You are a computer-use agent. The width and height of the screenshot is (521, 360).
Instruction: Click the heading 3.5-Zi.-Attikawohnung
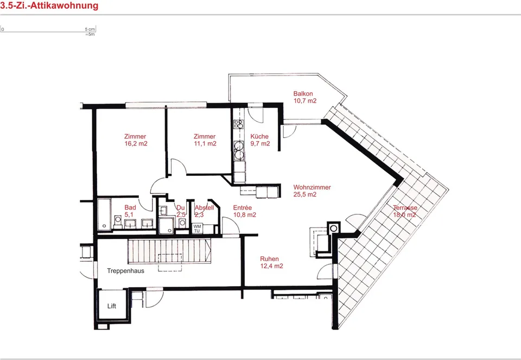tap(49, 5)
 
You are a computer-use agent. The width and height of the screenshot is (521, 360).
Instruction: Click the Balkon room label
tap(303, 94)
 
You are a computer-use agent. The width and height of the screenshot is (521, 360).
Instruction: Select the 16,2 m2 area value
tap(136, 143)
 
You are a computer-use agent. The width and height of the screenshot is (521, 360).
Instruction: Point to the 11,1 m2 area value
tap(205, 143)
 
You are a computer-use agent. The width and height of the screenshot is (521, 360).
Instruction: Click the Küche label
tap(259, 136)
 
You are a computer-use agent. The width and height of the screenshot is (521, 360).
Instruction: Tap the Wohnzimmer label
tap(312, 187)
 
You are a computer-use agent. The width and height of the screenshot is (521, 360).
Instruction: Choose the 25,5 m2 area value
tap(304, 194)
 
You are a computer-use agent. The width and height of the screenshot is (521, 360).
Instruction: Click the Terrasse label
tap(405, 207)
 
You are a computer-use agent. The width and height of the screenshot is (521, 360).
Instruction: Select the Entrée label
tap(243, 207)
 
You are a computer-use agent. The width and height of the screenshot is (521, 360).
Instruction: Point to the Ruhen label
tap(270, 258)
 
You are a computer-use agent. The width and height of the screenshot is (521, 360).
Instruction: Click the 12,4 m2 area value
tap(272, 266)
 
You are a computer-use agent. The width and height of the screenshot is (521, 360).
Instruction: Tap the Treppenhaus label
tap(125, 270)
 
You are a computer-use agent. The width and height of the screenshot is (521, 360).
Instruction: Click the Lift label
tap(112, 306)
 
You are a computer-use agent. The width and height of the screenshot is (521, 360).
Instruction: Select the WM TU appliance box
tap(197, 229)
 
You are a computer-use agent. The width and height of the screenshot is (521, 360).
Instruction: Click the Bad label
tap(130, 207)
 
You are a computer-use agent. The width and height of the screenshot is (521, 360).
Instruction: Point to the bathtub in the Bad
tap(104, 214)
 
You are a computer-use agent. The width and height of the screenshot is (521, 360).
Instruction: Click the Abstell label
tap(205, 207)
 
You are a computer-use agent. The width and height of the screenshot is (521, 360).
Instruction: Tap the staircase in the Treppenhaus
tap(169, 251)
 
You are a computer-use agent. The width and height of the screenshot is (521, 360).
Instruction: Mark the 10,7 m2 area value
tap(305, 100)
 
